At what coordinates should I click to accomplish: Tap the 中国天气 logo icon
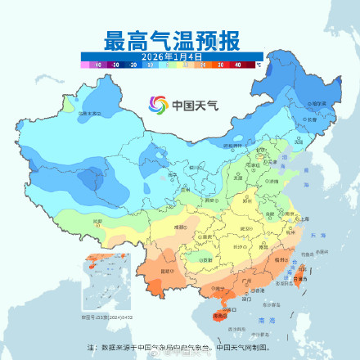click(x=156, y=105)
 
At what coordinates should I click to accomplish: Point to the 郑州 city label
click(x=245, y=201)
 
